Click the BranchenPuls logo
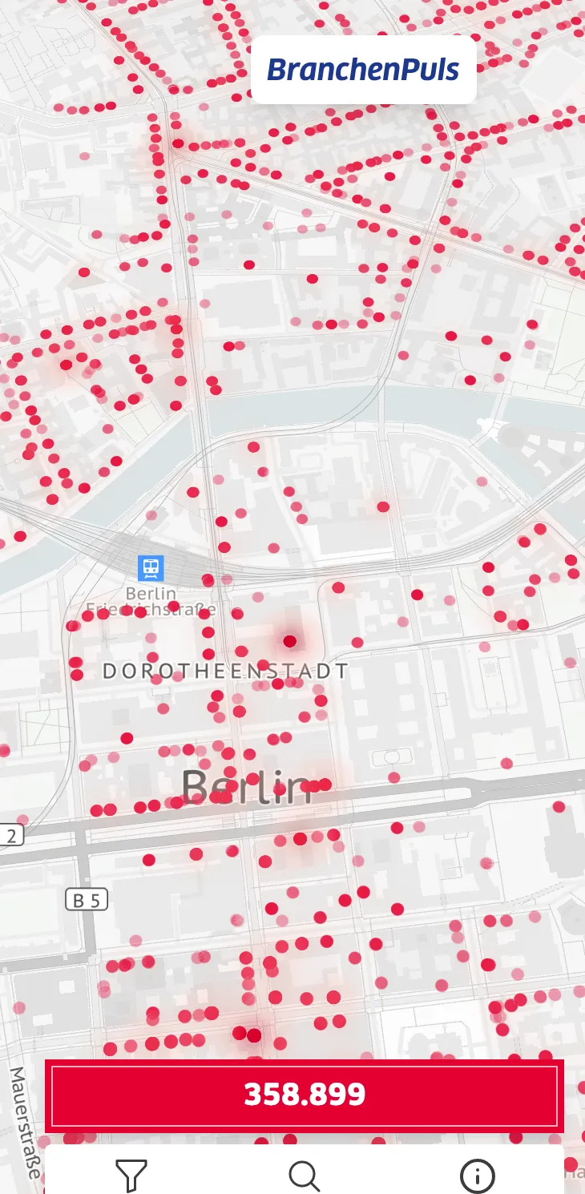click(x=363, y=70)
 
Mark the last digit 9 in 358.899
click(x=357, y=1094)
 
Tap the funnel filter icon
click(x=131, y=1176)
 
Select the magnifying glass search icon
click(x=304, y=1176)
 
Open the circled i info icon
click(x=477, y=1176)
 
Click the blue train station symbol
click(x=150, y=568)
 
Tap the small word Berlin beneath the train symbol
click(x=151, y=594)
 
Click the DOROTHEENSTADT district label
click(x=226, y=672)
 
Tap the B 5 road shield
click(x=86, y=900)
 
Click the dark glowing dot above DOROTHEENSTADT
click(x=289, y=640)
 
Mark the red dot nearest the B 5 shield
click(x=148, y=860)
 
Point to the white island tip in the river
click(x=486, y=425)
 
